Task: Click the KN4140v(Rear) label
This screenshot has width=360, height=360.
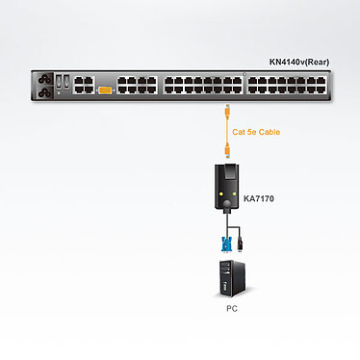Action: point(299,62)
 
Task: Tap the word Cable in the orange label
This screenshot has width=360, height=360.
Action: point(270,132)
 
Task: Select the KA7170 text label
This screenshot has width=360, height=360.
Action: point(259,198)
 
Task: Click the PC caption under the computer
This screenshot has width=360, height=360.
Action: point(232,309)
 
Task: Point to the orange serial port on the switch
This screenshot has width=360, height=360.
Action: point(105,90)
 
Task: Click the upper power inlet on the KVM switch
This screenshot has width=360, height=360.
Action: point(45,79)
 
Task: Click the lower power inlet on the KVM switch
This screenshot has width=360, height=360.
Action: point(45,93)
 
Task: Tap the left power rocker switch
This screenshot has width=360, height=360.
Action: point(59,82)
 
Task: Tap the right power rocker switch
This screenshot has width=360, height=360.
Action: point(66,82)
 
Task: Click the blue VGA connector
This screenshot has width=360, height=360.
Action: point(225,244)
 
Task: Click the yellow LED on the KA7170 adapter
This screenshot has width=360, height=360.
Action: point(220,194)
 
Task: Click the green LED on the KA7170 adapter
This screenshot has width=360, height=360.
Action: point(234,194)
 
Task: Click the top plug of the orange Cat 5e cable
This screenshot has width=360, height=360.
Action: point(228,111)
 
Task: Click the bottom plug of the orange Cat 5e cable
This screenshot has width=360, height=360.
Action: point(228,151)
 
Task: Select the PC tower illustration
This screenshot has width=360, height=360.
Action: point(232,279)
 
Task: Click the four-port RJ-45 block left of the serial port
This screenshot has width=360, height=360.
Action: point(84,85)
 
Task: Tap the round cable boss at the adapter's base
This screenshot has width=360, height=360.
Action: point(227,204)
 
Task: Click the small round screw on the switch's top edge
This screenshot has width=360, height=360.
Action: point(244,74)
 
